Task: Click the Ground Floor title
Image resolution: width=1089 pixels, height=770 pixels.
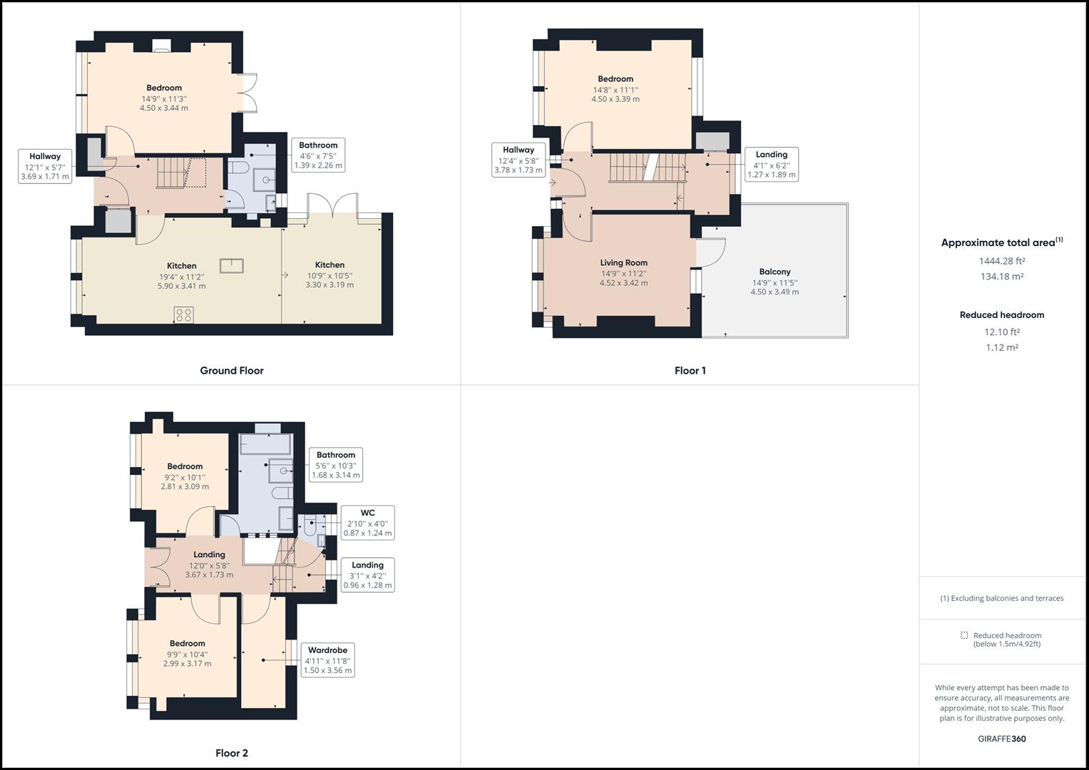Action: (x=231, y=371)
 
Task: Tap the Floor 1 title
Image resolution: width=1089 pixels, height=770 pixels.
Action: (x=690, y=371)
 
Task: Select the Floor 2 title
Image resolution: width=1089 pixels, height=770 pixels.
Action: (x=231, y=753)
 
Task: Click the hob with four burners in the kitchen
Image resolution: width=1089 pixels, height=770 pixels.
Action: (x=184, y=315)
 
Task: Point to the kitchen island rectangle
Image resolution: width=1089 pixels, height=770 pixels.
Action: (x=231, y=266)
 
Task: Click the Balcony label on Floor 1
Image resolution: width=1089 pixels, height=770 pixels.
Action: (x=774, y=272)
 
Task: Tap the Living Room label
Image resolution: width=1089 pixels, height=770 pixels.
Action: (x=624, y=263)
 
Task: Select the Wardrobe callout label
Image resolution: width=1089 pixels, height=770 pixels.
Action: (x=327, y=650)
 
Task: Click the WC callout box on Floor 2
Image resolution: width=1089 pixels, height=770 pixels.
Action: (x=367, y=523)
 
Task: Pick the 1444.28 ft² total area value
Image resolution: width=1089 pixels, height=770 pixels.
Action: (x=1002, y=261)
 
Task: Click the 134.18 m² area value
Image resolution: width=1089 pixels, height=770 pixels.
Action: (x=1002, y=277)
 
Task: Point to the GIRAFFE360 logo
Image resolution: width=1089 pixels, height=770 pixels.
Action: (x=1002, y=739)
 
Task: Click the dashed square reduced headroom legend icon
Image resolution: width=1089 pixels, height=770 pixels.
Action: (x=964, y=635)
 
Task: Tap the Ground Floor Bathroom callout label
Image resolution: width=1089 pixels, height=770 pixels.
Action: (x=318, y=145)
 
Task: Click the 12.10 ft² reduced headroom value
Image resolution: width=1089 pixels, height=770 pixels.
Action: (x=1002, y=332)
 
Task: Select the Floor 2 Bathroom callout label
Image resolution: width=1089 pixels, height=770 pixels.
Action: (x=335, y=455)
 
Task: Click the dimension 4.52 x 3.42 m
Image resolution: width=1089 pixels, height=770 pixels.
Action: (x=624, y=283)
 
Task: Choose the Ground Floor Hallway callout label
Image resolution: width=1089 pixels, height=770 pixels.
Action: (x=45, y=156)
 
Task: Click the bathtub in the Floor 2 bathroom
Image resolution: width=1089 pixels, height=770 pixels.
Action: (x=265, y=444)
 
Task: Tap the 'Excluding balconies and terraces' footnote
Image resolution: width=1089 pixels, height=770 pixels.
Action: (x=1002, y=598)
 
